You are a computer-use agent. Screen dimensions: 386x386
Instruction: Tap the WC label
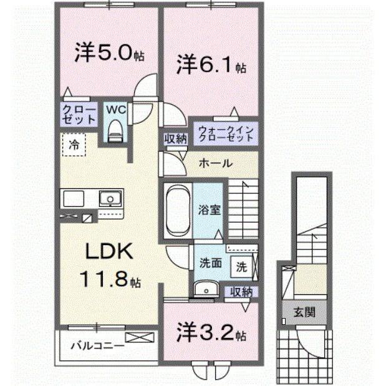(115, 110)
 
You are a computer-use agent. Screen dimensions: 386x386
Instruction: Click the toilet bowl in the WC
(115, 129)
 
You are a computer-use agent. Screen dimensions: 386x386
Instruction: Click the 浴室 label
(208, 210)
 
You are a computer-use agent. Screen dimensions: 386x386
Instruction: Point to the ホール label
(215, 163)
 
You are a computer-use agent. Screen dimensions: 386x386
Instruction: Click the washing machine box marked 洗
(241, 266)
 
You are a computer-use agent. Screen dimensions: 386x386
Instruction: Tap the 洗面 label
(211, 263)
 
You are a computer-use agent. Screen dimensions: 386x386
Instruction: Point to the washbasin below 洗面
(204, 288)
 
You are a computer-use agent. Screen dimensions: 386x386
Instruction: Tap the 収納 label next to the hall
(176, 138)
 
